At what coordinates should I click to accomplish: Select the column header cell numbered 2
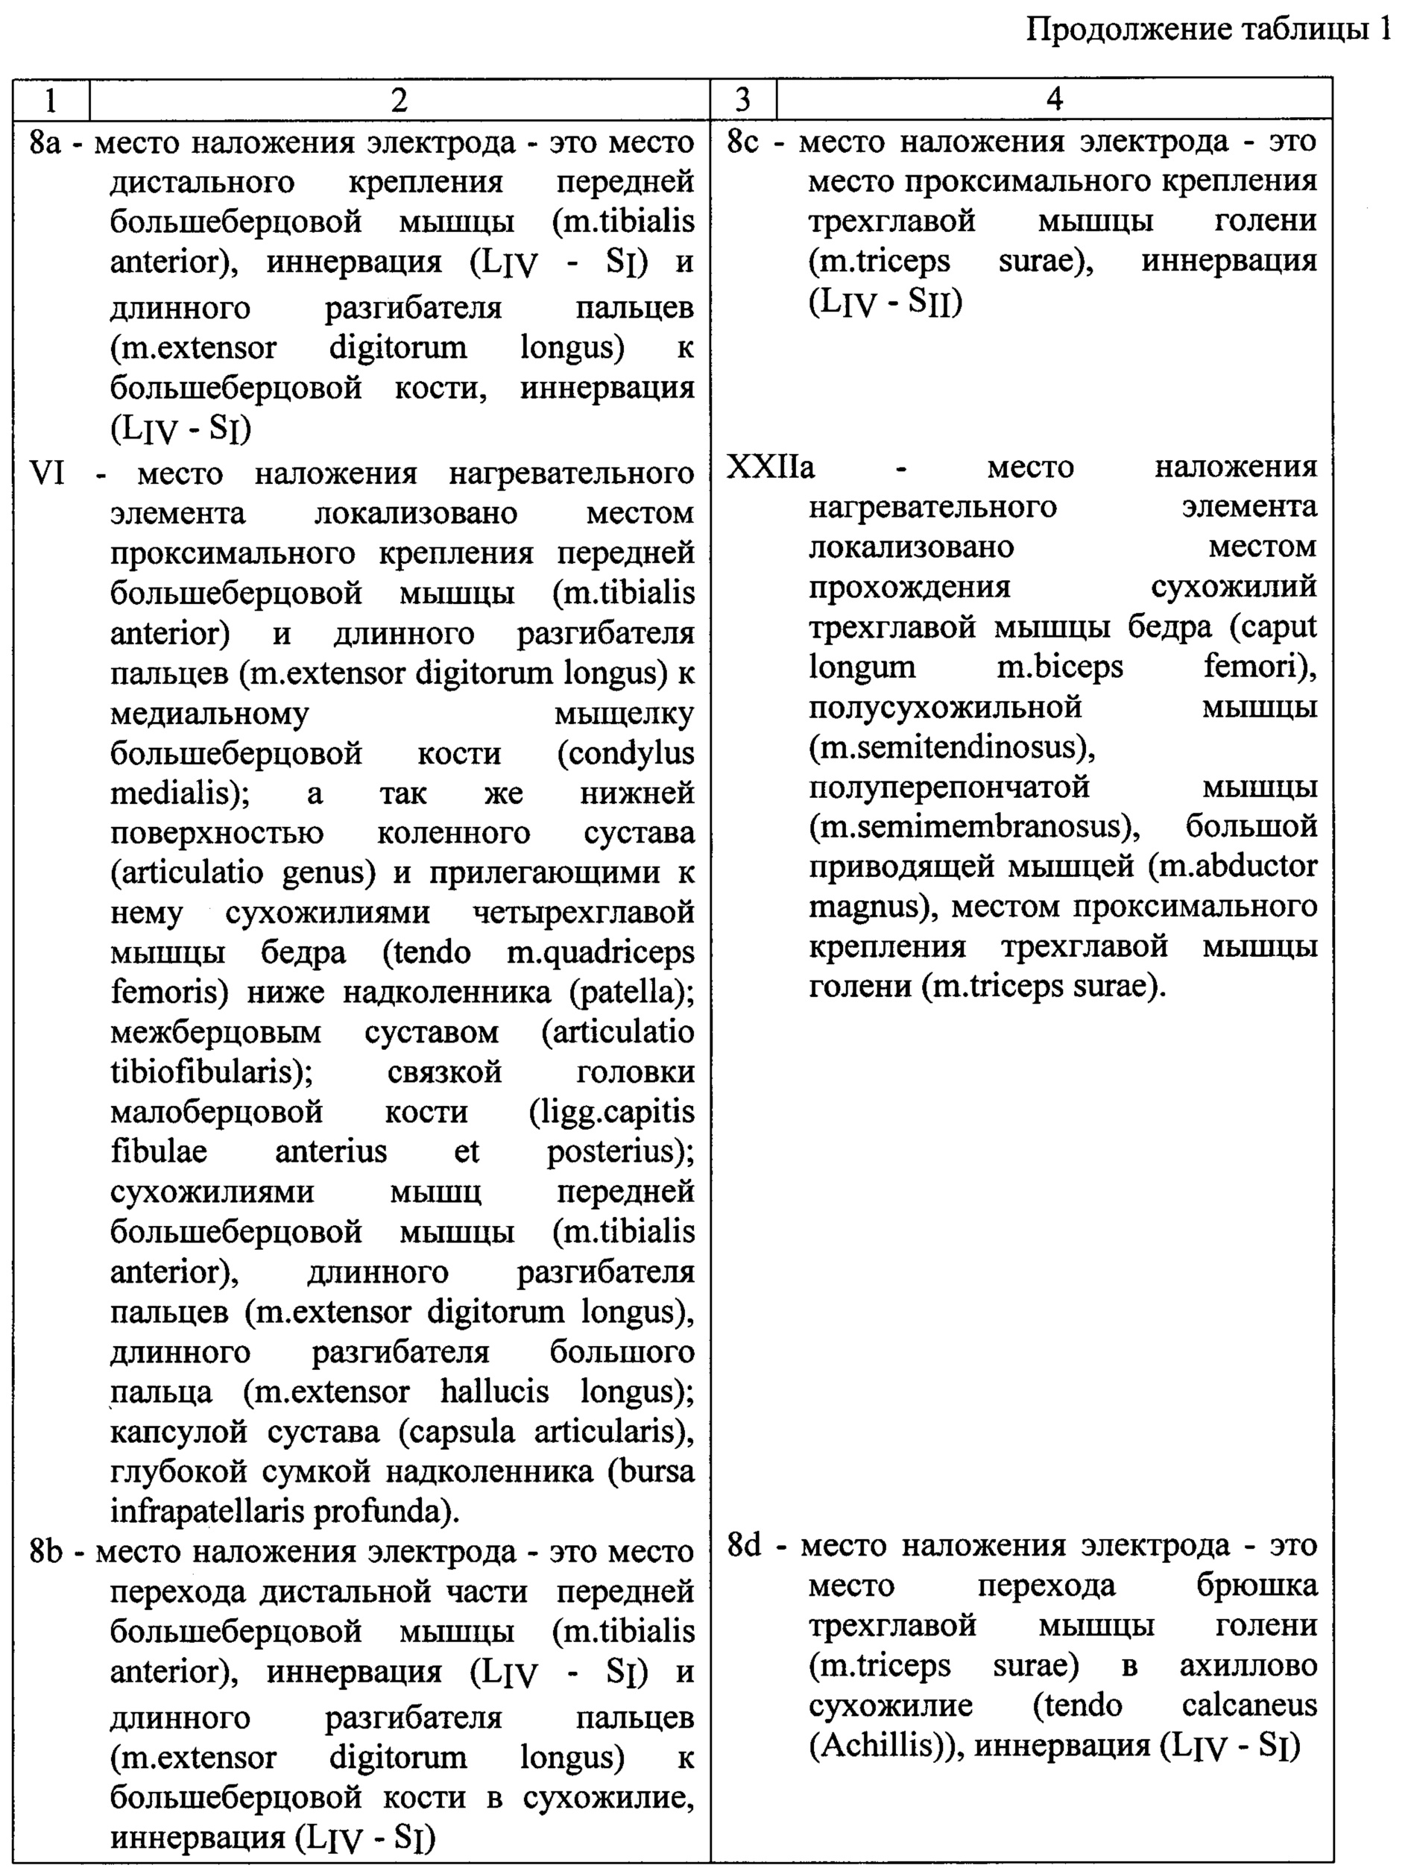400,100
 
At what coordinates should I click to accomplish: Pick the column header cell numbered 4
1054,100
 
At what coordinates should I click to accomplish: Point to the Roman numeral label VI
46,473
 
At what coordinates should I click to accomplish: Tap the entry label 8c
744,142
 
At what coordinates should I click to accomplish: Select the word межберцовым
215,1032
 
